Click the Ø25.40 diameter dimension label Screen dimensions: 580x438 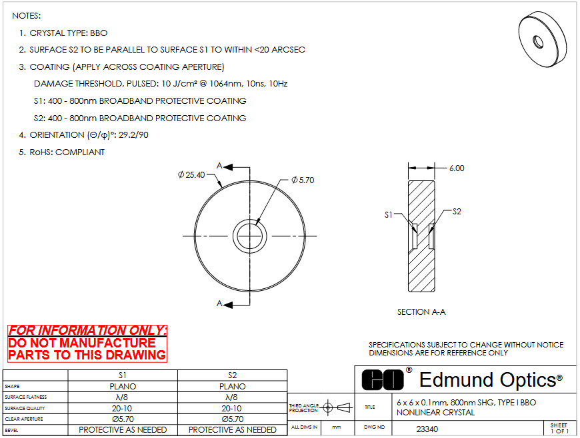(x=191, y=174)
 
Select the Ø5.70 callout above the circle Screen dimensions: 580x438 (x=303, y=180)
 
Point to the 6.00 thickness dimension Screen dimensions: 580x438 (x=457, y=168)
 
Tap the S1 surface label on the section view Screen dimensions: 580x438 (x=389, y=214)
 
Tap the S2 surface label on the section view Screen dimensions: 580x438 (x=457, y=212)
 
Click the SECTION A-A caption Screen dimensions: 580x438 (x=421, y=312)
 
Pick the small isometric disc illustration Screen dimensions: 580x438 (x=542, y=39)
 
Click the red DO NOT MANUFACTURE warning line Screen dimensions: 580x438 (x=82, y=343)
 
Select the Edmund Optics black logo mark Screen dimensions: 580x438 (x=383, y=379)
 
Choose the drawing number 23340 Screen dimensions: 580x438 (x=427, y=429)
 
